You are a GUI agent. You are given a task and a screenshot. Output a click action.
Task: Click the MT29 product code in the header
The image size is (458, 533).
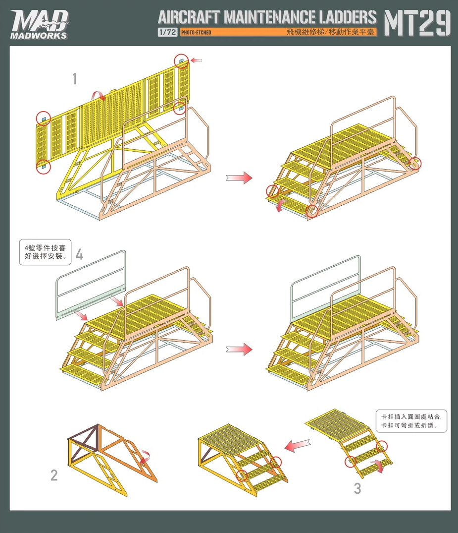click(417, 24)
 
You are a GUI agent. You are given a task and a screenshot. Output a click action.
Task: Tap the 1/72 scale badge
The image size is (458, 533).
click(167, 33)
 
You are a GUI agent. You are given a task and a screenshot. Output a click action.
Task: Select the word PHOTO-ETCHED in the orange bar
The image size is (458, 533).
click(197, 33)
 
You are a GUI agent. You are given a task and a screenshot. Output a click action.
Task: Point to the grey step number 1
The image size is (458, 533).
click(75, 79)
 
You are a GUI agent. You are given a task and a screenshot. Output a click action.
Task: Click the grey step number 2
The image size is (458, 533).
click(54, 475)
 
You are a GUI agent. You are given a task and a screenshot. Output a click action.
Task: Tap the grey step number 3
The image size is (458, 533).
click(357, 488)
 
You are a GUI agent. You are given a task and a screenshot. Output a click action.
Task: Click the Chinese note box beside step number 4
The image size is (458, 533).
click(45, 252)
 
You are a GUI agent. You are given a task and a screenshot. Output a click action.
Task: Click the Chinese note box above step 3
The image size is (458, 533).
click(410, 421)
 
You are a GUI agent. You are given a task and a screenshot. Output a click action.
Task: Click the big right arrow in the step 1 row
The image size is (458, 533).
click(239, 178)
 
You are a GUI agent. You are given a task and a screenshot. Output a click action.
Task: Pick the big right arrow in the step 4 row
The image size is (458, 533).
click(239, 350)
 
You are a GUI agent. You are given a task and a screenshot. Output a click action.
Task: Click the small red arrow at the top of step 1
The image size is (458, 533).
click(196, 60)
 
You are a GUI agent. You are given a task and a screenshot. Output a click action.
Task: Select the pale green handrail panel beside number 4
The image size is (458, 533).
click(89, 288)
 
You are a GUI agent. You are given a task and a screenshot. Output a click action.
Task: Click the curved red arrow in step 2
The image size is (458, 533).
click(145, 456)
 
